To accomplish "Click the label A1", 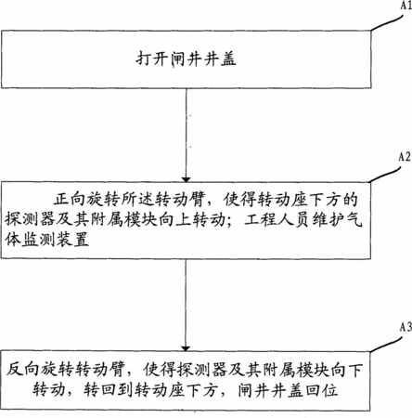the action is pos(406,6).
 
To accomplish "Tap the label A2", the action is pos(405,157).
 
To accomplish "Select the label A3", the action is pos(406,327).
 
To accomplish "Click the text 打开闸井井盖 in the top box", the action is pos(187,59).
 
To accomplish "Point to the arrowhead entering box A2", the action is pos(186,179).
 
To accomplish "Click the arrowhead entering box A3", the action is pos(186,348).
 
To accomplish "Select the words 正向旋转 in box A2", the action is pos(86,200).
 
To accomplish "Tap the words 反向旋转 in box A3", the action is pos(39,370).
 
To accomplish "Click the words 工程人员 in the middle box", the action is pos(276,220).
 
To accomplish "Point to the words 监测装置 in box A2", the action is pos(56,240).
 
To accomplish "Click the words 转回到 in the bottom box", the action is pos(109,390).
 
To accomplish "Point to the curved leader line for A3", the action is pos(386,344).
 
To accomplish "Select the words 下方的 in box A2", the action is pos(332,200).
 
